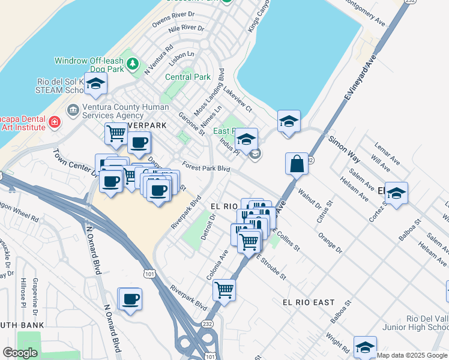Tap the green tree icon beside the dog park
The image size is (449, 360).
click(x=133, y=63)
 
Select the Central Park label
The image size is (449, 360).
click(x=187, y=77)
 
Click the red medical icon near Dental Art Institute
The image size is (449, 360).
click(x=55, y=122)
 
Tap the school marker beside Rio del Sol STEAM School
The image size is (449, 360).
click(x=95, y=85)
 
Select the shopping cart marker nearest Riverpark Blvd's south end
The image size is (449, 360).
click(x=224, y=290)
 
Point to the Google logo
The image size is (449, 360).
click(x=20, y=353)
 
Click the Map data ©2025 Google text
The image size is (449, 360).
click(x=412, y=355)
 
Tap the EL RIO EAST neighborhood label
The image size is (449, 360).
click(x=309, y=302)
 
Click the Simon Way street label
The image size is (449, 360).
click(x=344, y=149)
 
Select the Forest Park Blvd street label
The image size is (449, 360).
click(x=207, y=169)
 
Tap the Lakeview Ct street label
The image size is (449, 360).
click(x=238, y=98)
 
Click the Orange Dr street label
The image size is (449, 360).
click(x=330, y=242)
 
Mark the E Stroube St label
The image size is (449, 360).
click(x=272, y=268)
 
